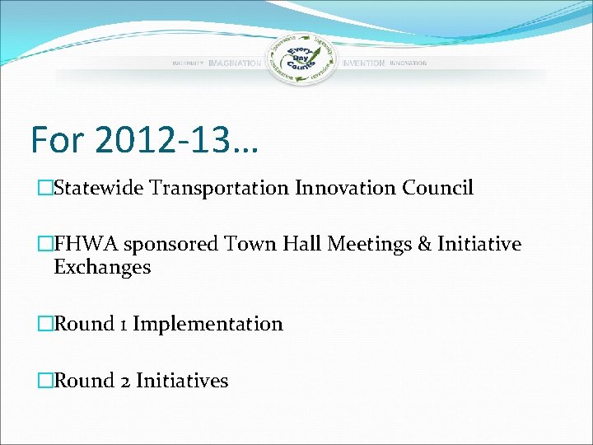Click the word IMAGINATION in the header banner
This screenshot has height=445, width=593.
point(235,63)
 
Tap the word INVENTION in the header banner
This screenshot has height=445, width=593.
point(363,63)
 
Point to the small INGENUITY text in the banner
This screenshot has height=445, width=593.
point(188,63)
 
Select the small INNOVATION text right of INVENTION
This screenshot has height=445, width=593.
point(409,63)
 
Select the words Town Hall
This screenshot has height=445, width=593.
point(262,244)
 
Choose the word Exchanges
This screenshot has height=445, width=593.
point(102,267)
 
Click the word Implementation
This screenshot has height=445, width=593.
point(208,324)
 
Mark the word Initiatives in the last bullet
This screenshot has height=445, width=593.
point(182,380)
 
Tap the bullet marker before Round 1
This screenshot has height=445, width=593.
point(45,324)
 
